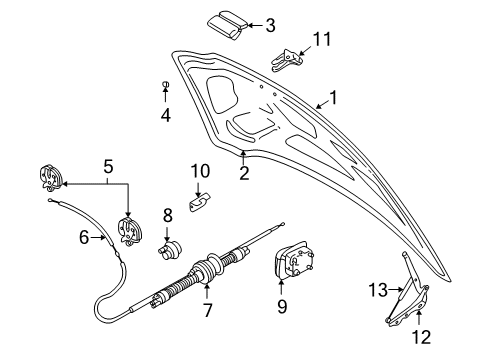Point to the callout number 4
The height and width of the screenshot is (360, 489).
click(165, 115)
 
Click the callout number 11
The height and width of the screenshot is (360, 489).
click(320, 39)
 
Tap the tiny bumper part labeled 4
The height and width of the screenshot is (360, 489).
click(165, 85)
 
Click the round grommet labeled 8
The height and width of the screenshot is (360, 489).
click(171, 246)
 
